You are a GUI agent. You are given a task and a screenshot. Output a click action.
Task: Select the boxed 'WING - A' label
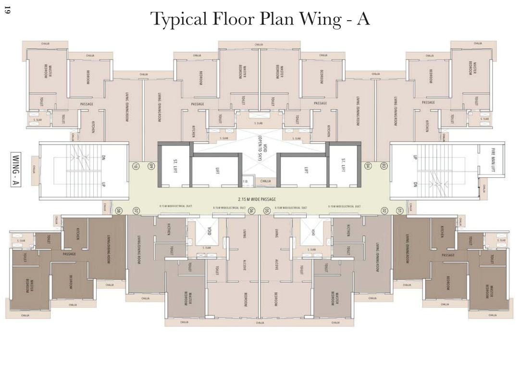[x=16, y=170]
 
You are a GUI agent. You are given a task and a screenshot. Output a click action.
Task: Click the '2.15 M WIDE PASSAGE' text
[x=260, y=199]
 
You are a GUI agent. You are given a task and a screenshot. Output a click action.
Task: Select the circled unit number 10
[x=136, y=166]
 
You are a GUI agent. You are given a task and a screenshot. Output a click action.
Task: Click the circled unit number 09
[x=150, y=166]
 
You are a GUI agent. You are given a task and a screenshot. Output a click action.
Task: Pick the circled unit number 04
[x=368, y=166]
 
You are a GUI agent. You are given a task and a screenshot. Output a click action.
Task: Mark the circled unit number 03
[x=384, y=166]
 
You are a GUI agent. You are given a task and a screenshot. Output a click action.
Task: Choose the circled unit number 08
[x=119, y=211]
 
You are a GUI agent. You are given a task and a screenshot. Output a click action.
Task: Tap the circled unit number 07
[x=136, y=211]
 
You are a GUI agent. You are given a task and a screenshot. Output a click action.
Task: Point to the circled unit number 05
[x=267, y=211]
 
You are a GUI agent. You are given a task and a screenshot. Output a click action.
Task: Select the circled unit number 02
[x=384, y=211]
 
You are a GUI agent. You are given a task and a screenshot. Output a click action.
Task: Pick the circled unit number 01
[x=399, y=211]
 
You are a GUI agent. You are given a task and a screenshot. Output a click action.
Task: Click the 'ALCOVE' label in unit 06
[x=245, y=265]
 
